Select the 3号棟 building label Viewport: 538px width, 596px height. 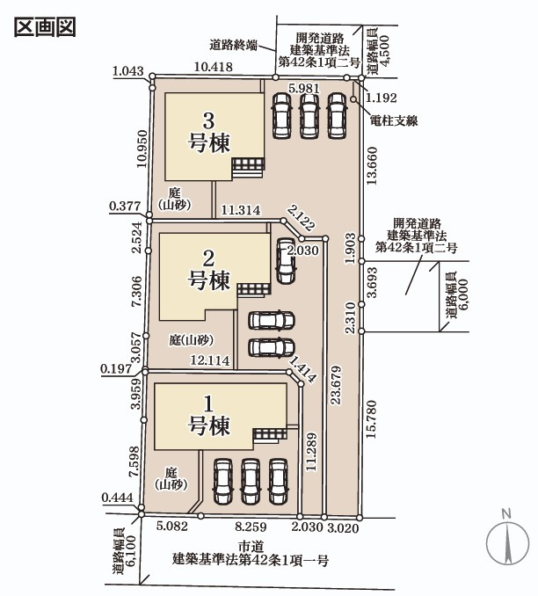[209, 132]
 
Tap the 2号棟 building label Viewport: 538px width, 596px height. [209, 270]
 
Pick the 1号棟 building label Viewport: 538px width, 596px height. [209, 416]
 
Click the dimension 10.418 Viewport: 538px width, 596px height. [213, 67]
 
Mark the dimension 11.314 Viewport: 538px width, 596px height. [240, 210]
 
